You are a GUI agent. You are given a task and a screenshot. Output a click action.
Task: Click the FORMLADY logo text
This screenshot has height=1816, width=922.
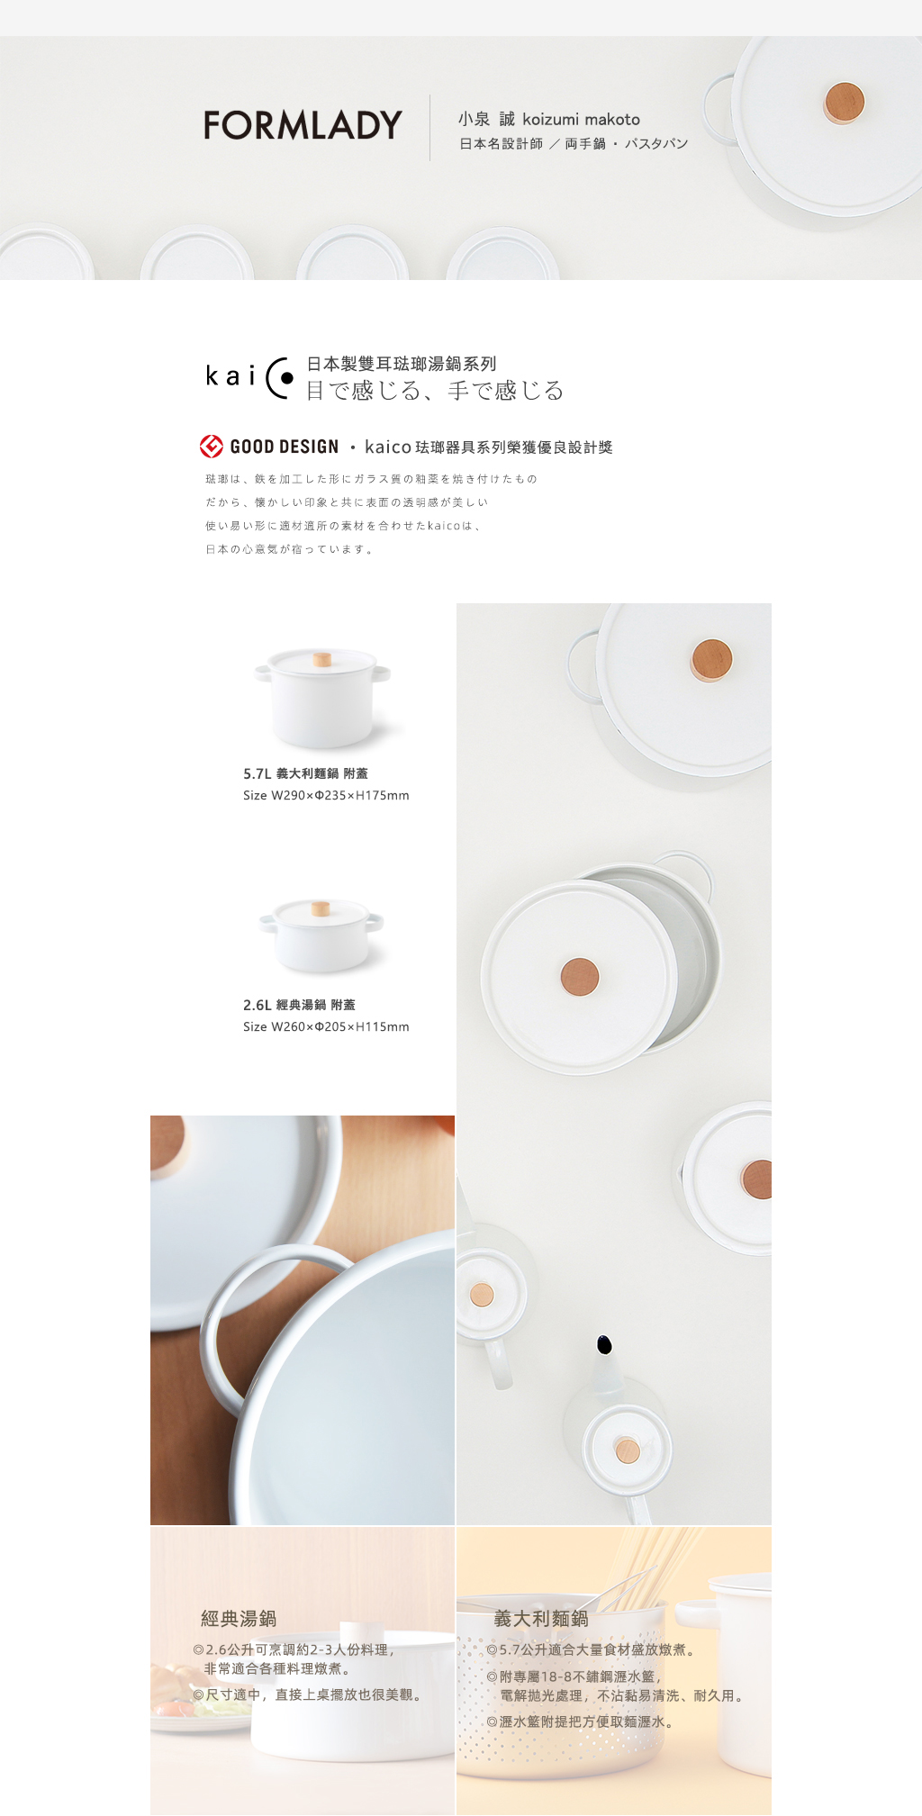[x=303, y=125]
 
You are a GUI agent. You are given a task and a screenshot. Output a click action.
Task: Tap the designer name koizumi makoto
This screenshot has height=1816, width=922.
[x=581, y=119]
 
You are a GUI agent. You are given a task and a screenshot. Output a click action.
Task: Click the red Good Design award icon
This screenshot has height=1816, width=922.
[x=212, y=446]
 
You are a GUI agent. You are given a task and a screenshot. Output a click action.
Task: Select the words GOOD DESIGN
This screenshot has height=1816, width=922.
[x=285, y=447]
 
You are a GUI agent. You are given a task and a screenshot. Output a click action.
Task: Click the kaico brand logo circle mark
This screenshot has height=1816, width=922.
[x=280, y=378]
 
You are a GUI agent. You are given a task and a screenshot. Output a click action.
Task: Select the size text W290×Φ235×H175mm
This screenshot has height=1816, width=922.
[x=340, y=795]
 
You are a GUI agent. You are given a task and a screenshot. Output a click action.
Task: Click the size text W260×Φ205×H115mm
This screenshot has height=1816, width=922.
[x=340, y=1026]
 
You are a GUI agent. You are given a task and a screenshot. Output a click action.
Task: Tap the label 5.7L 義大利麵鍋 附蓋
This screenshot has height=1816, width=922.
[x=305, y=773]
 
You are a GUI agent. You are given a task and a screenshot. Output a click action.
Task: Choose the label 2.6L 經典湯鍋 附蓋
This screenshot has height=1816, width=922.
[x=299, y=1005]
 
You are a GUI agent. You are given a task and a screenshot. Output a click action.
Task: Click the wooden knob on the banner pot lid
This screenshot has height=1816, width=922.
[x=844, y=102]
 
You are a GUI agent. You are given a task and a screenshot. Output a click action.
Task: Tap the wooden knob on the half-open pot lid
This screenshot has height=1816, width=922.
[x=580, y=977]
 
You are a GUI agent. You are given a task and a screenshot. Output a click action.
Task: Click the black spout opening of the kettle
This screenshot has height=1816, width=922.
[x=605, y=1344]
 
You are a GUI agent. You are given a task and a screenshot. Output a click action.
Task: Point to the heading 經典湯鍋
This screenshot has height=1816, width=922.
[x=239, y=1618]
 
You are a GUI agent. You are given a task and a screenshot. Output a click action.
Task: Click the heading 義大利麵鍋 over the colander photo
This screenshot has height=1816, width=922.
[x=541, y=1618]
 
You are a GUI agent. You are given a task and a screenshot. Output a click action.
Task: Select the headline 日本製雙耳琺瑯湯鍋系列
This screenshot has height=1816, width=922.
[x=402, y=364]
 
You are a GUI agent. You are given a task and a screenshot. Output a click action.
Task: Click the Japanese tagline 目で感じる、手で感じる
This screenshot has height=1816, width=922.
[x=435, y=391]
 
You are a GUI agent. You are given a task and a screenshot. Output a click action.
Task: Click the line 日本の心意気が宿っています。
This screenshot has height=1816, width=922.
[x=289, y=549]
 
